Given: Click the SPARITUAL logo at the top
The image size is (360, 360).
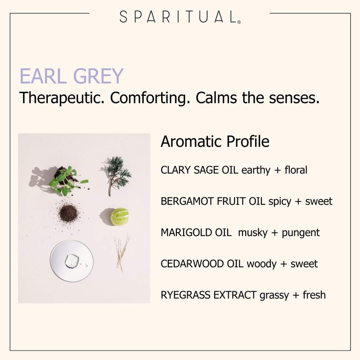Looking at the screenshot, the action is pyautogui.click(x=180, y=17).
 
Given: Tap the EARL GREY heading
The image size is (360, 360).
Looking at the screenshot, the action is pyautogui.click(x=72, y=76).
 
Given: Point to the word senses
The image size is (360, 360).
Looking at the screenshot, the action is pyautogui.click(x=294, y=98).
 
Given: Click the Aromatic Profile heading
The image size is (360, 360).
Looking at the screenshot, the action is pyautogui.click(x=215, y=141).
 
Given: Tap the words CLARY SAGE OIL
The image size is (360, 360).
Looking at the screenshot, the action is pyautogui.click(x=199, y=170).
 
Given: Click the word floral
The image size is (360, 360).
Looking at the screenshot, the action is pyautogui.click(x=296, y=170).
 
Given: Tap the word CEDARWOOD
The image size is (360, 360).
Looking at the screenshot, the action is pyautogui.click(x=192, y=264).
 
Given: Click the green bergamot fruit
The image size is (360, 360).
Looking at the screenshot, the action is pyautogui.click(x=119, y=217).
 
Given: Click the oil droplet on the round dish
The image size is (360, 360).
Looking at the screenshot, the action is pyautogui.click(x=72, y=261).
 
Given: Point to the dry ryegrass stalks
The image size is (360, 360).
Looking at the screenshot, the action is pyautogui.click(x=122, y=252).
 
